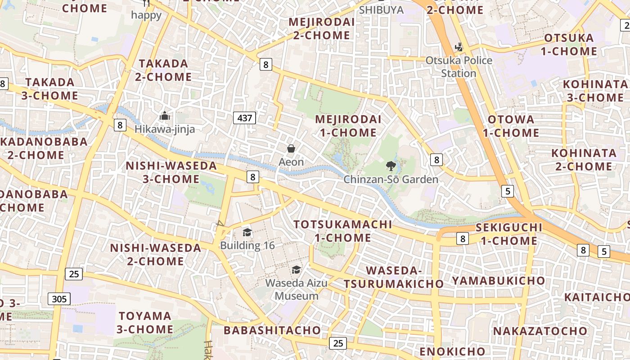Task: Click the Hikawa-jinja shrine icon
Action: click(x=165, y=116)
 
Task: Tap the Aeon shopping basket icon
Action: click(x=291, y=148)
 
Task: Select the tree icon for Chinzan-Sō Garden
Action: click(x=391, y=166)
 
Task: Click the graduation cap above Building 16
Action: click(x=247, y=232)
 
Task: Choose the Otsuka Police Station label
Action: click(x=459, y=67)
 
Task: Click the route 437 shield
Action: click(x=245, y=118)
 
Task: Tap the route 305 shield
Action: click(x=59, y=299)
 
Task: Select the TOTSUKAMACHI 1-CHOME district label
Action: click(x=342, y=231)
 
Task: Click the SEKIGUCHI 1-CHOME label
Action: click(x=508, y=234)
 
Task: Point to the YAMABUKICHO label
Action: click(x=498, y=281)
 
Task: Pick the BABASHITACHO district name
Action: click(x=272, y=330)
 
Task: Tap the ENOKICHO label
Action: click(x=452, y=351)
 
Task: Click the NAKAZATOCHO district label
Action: click(x=540, y=331)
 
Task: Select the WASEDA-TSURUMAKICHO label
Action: click(x=394, y=277)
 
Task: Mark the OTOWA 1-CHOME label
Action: click(x=511, y=126)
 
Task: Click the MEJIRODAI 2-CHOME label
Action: click(x=321, y=28)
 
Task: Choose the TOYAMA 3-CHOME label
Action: click(x=145, y=323)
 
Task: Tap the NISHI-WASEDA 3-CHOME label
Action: click(x=171, y=172)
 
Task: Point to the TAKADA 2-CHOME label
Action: click(x=163, y=70)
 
